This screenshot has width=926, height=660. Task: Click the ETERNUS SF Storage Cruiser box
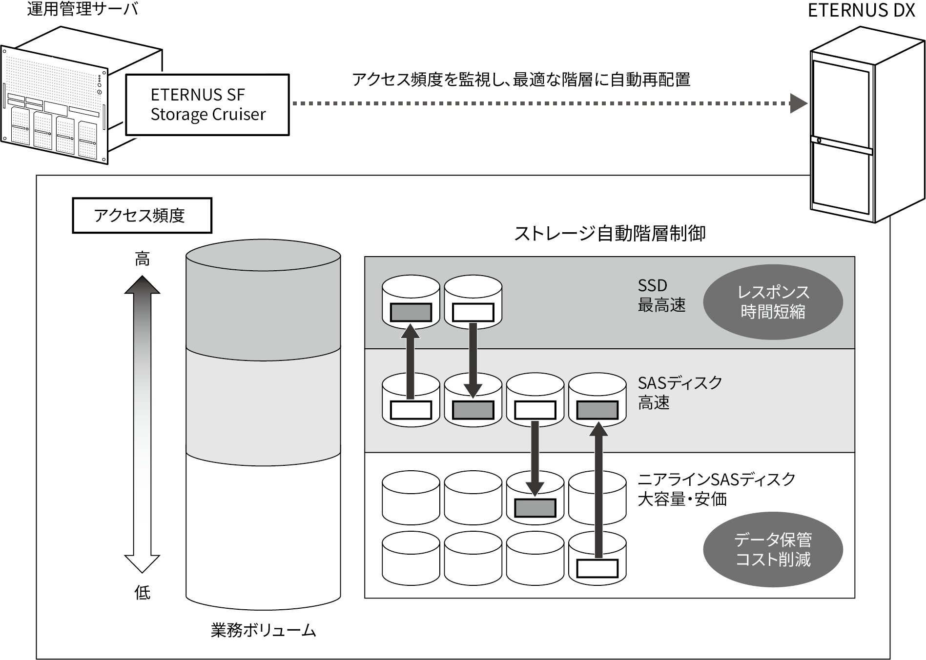pyautogui.click(x=207, y=104)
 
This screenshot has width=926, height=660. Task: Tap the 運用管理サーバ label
pyautogui.click(x=82, y=9)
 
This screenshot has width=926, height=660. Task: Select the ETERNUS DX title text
pyautogui.click(x=861, y=10)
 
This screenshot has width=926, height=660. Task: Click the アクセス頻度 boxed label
pyautogui.click(x=142, y=215)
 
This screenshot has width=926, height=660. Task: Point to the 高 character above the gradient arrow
pyautogui.click(x=142, y=259)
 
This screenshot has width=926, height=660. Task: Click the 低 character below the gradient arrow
pyautogui.click(x=142, y=593)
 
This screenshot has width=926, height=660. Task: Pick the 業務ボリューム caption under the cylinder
pyautogui.click(x=263, y=630)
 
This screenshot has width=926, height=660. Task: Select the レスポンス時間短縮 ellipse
pyautogui.click(x=773, y=302)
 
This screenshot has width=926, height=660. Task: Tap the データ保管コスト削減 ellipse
pyautogui.click(x=773, y=550)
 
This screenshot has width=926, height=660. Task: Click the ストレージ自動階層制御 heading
pyautogui.click(x=610, y=234)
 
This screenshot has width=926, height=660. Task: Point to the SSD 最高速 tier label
pyautogui.click(x=661, y=296)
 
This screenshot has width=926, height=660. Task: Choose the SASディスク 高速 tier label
pyautogui.click(x=679, y=393)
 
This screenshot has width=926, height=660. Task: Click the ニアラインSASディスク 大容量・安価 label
pyautogui.click(x=716, y=489)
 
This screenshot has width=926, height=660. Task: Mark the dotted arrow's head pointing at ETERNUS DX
pyautogui.click(x=799, y=103)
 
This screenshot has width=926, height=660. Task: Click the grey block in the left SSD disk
pyautogui.click(x=411, y=312)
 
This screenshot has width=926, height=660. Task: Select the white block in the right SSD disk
pyautogui.click(x=473, y=312)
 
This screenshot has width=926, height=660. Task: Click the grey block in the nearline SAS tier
pyautogui.click(x=535, y=508)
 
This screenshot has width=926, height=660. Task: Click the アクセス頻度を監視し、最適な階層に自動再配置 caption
pyautogui.click(x=521, y=80)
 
